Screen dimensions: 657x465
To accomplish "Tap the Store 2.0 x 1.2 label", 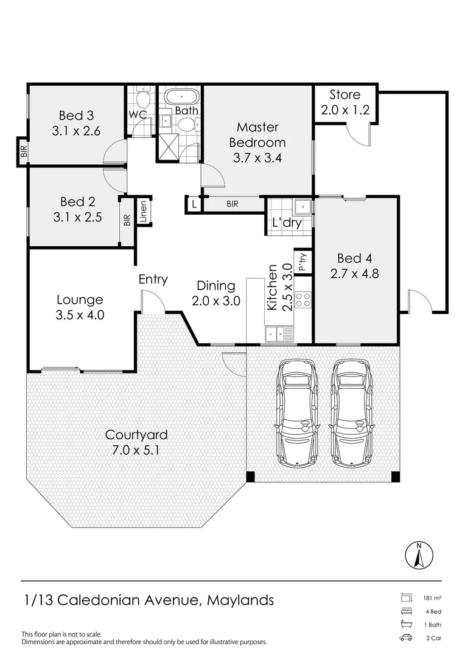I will (344, 103).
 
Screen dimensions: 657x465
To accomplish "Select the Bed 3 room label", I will (75, 122).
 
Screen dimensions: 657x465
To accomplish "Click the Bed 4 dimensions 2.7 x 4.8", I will (354, 273).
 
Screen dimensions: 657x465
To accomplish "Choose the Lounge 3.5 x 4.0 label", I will (80, 307).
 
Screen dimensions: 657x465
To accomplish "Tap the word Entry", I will (153, 279).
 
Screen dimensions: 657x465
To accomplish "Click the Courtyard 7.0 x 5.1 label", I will (136, 442).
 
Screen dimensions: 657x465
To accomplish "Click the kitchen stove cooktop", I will (302, 299).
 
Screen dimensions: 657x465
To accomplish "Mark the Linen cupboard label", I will (144, 212).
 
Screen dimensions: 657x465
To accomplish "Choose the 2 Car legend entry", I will (433, 638).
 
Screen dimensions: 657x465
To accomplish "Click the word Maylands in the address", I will (240, 600).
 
